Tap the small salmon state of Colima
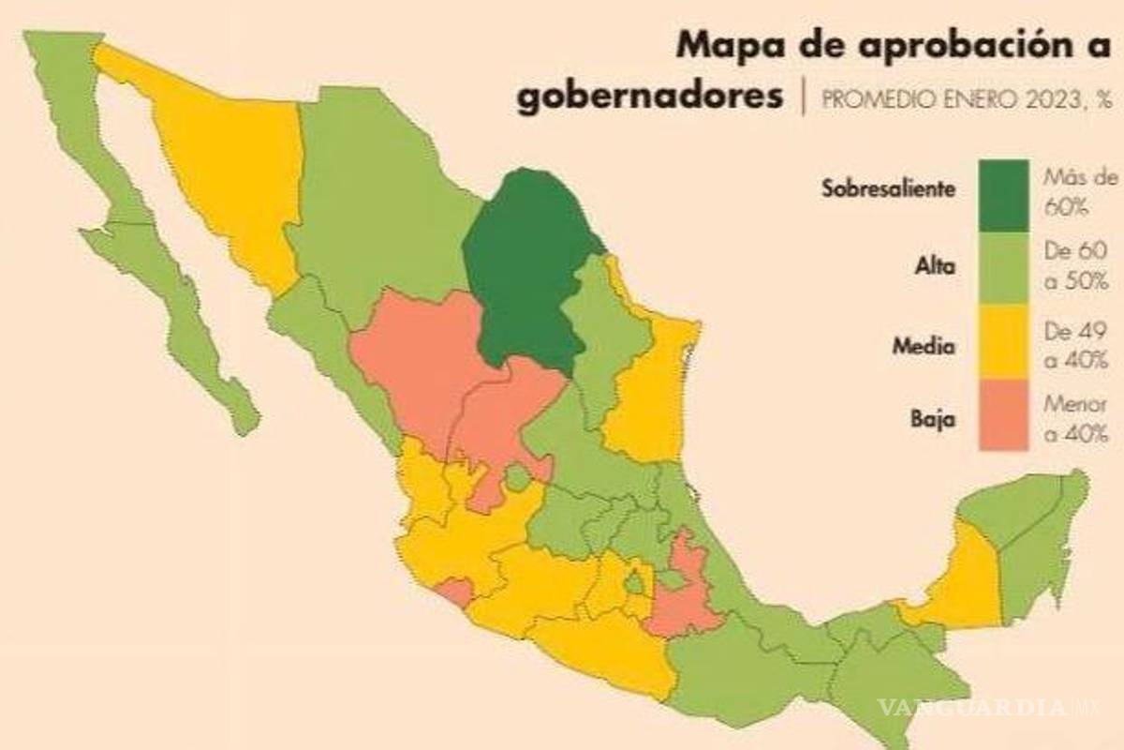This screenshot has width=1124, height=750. (x=456, y=592)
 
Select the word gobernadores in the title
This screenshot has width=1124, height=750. (x=649, y=97)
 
